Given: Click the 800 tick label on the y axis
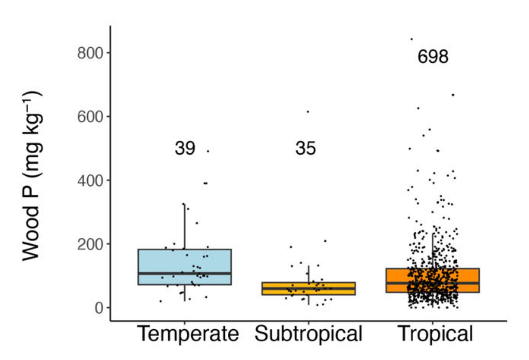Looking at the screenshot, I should (x=90, y=53).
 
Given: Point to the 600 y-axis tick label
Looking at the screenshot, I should (x=90, y=117).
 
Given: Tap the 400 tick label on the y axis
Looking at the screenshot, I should (x=90, y=181).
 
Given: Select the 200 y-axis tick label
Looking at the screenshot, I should (x=90, y=245).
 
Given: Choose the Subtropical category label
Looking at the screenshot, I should (x=308, y=334).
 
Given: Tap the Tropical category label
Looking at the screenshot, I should (x=435, y=334).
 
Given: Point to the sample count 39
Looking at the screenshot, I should (x=185, y=148).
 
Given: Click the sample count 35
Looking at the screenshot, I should (x=305, y=148).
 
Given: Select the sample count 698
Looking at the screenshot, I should (x=433, y=57).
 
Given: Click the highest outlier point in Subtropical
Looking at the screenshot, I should (x=308, y=112).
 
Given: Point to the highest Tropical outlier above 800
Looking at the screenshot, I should (x=412, y=39).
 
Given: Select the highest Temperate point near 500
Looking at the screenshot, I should (x=208, y=151).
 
